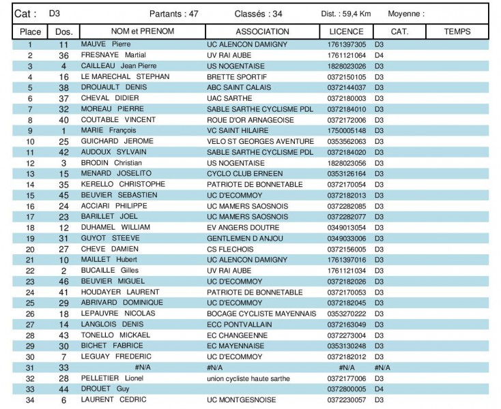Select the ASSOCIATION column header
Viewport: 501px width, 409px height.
(262, 32)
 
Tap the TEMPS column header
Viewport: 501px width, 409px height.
(457, 32)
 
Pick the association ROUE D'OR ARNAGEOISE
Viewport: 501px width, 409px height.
(250, 120)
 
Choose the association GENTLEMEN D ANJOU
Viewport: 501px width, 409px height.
(244, 239)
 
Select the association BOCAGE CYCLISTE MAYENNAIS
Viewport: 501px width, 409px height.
(261, 314)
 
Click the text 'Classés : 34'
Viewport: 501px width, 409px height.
(257, 14)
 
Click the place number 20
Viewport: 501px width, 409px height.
(30, 249)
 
